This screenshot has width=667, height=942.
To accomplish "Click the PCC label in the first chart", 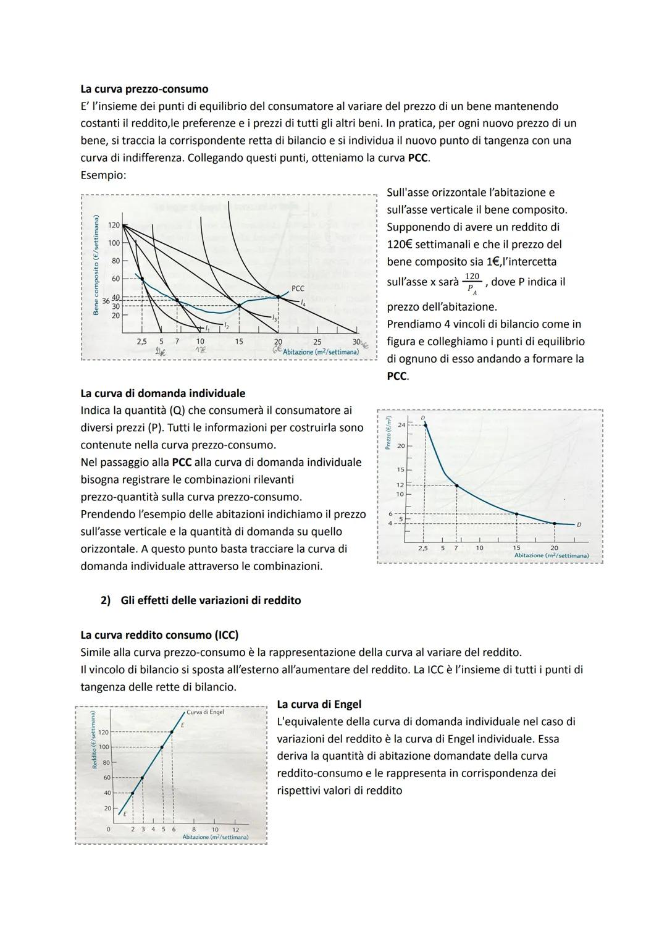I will (298, 288).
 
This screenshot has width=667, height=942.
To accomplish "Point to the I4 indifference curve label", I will (303, 303).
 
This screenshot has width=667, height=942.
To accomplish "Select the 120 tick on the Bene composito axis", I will (114, 225).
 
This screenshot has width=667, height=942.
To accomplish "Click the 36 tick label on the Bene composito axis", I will (105, 301).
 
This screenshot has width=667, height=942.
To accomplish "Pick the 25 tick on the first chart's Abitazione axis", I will (317, 342).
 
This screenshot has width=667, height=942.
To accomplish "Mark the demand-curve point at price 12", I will (456, 486).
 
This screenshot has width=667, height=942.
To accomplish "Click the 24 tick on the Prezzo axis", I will (401, 425).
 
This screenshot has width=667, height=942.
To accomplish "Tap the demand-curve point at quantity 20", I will (554, 524).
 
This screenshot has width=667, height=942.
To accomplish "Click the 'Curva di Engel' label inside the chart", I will (205, 712).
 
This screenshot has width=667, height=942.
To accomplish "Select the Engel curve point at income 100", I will (162, 747).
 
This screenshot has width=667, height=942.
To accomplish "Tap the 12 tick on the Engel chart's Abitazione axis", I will (235, 830).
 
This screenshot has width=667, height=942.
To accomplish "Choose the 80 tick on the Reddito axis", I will (107, 762).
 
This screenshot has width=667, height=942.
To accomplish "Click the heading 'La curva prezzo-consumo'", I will (144, 89).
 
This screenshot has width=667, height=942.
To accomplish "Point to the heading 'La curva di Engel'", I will (319, 704).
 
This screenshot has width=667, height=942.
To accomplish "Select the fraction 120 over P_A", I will (472, 281).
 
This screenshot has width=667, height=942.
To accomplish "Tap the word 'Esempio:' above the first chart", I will (103, 175).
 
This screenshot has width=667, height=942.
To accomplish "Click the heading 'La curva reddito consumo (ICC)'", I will (159, 635).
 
